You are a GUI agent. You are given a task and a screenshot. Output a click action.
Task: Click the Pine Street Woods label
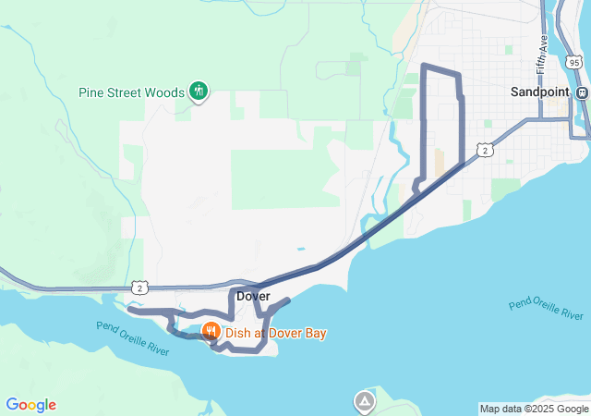pyautogui.click(x=132, y=92)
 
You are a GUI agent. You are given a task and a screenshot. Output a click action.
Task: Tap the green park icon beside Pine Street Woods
pyautogui.click(x=198, y=91)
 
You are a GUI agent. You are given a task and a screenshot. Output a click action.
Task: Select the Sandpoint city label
pyautogui.click(x=541, y=92)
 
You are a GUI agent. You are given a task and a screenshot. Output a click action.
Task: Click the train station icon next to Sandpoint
pyautogui.click(x=582, y=92)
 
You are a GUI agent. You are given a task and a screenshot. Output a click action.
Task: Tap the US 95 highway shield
pyautogui.click(x=574, y=62)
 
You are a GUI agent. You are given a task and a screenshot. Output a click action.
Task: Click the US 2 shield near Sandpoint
pyautogui.click(x=484, y=150)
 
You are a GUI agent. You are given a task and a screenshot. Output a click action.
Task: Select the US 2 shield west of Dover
pyautogui.click(x=139, y=288)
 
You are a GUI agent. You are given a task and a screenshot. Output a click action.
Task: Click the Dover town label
pyautogui.click(x=253, y=296)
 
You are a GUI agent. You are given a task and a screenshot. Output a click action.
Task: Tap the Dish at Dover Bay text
pyautogui.click(x=276, y=333)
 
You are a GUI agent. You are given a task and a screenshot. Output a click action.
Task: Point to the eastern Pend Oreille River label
pyautogui.click(x=547, y=310)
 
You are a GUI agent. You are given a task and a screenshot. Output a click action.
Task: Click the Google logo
pyautogui.click(x=30, y=405)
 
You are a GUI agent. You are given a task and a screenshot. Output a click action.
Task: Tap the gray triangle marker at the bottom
pyautogui.click(x=366, y=401)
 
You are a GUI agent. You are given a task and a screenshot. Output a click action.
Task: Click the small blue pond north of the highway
pyautogui.click(x=300, y=249)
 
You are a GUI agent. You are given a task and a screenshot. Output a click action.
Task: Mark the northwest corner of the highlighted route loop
pyautogui.click(x=423, y=66)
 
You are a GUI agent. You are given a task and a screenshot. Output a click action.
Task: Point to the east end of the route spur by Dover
pyautogui.click(x=288, y=300)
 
